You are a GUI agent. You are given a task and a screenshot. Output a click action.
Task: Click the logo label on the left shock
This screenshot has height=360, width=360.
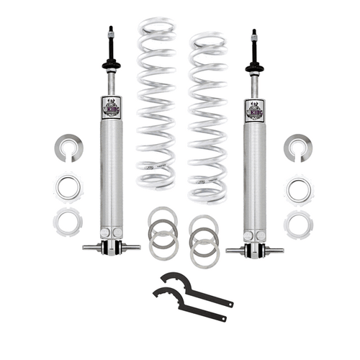tap(111, 108)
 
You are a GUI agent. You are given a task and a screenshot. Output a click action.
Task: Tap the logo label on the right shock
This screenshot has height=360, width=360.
tap(254, 109)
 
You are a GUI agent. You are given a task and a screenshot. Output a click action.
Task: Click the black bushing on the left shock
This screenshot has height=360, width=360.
tap(111, 66)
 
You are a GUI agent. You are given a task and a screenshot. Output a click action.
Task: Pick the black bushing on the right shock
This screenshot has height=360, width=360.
tap(254, 69)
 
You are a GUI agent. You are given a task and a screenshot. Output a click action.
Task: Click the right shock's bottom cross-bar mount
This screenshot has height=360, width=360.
tap(254, 250)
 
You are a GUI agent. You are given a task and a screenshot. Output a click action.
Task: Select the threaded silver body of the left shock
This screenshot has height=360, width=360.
tap(111, 173)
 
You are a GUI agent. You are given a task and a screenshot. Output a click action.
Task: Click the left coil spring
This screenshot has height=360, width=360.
tap(157, 101)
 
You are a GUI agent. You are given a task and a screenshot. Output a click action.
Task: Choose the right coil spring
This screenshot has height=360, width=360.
tap(207, 115)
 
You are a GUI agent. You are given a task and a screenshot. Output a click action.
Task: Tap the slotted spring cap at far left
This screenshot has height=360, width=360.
tap(68, 148)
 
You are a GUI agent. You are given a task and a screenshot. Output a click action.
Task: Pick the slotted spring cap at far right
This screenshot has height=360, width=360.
tap(297, 148)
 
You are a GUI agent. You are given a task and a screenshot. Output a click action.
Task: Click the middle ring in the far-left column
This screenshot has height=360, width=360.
tap(68, 189)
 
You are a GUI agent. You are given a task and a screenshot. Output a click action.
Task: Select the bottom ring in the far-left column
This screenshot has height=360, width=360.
tap(68, 222)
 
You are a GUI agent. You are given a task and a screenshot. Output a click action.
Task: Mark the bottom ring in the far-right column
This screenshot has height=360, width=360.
tap(297, 223)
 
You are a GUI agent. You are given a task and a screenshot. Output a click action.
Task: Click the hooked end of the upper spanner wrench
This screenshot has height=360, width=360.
tap(170, 277)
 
